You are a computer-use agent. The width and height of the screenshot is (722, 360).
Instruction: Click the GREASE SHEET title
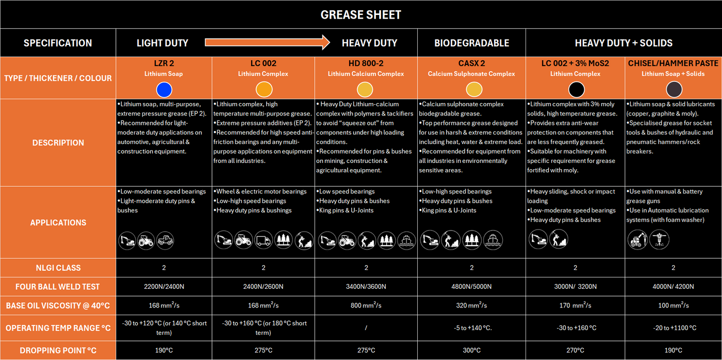(360, 15)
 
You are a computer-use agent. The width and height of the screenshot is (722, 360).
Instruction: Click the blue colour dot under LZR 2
(164, 89)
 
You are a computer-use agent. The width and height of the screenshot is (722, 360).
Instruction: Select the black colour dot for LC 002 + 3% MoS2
(576, 89)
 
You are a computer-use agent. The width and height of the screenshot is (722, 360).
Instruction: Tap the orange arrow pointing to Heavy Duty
(267, 42)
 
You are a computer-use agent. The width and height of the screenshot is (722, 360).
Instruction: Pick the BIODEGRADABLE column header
(471, 43)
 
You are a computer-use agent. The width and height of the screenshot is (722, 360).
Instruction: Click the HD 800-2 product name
(366, 63)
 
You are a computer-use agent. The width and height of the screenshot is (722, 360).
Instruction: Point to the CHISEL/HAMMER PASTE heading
(673, 63)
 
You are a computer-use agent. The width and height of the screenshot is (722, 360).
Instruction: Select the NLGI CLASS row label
(58, 268)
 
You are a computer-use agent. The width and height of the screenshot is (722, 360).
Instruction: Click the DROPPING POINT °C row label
(58, 351)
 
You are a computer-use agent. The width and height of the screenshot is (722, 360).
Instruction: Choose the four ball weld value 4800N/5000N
(471, 287)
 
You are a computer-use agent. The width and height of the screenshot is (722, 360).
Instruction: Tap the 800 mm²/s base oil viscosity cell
(366, 305)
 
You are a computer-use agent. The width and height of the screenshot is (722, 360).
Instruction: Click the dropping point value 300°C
(471, 351)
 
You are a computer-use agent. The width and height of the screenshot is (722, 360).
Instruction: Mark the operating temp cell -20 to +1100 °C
(673, 328)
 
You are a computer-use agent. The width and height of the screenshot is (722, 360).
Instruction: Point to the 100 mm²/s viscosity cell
(673, 305)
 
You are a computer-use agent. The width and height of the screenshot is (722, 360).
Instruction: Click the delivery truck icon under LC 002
(264, 240)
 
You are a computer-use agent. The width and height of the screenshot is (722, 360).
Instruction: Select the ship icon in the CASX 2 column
(493, 240)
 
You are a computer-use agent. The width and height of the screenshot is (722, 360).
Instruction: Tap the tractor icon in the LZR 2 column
(146, 240)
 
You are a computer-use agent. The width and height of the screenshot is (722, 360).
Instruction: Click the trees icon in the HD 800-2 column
(386, 240)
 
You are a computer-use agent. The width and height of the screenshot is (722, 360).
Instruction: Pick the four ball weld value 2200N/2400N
(164, 287)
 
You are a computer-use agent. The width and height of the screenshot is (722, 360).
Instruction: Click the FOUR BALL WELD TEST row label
(58, 287)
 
